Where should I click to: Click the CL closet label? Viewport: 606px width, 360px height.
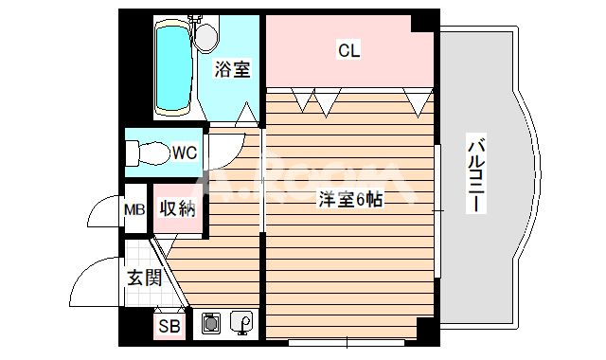[349, 50]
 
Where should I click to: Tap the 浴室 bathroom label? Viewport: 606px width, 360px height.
[233, 69]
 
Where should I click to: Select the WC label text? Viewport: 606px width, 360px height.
[185, 153]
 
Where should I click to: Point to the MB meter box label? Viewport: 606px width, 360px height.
[134, 210]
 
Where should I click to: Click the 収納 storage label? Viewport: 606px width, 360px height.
[178, 208]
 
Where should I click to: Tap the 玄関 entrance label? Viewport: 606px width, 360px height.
[145, 278]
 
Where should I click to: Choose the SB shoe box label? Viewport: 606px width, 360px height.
[169, 327]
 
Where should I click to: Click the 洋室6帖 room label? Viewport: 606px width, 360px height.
[350, 200]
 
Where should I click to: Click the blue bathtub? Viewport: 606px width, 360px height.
[173, 67]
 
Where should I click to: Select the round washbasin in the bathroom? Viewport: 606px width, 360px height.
[206, 37]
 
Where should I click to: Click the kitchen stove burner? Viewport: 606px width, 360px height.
[210, 323]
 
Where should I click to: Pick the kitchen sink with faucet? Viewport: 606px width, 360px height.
[241, 322]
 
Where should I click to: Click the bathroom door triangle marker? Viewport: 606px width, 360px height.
[246, 115]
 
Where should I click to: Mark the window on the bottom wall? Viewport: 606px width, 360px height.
[347, 342]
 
